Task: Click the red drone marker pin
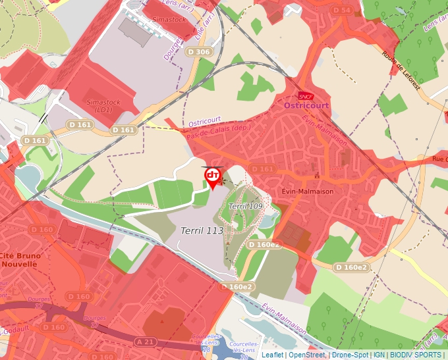212,177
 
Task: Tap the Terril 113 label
202,230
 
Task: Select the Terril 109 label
245,206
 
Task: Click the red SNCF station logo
305,95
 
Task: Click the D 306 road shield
198,52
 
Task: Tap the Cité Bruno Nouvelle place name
20,259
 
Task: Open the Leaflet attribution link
273,355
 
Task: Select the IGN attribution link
379,355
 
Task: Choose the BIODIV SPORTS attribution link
415,355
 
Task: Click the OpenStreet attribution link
306,355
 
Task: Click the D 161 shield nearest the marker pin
262,169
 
